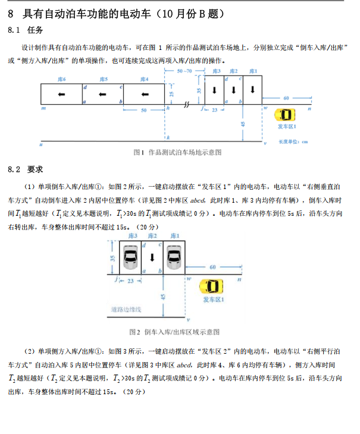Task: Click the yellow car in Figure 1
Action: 285,115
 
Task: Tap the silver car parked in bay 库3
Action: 130,257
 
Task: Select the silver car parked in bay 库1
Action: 174,257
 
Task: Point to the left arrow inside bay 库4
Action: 143,94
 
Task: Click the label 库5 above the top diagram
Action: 104,79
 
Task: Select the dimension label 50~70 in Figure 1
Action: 185,71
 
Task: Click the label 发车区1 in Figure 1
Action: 286,127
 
